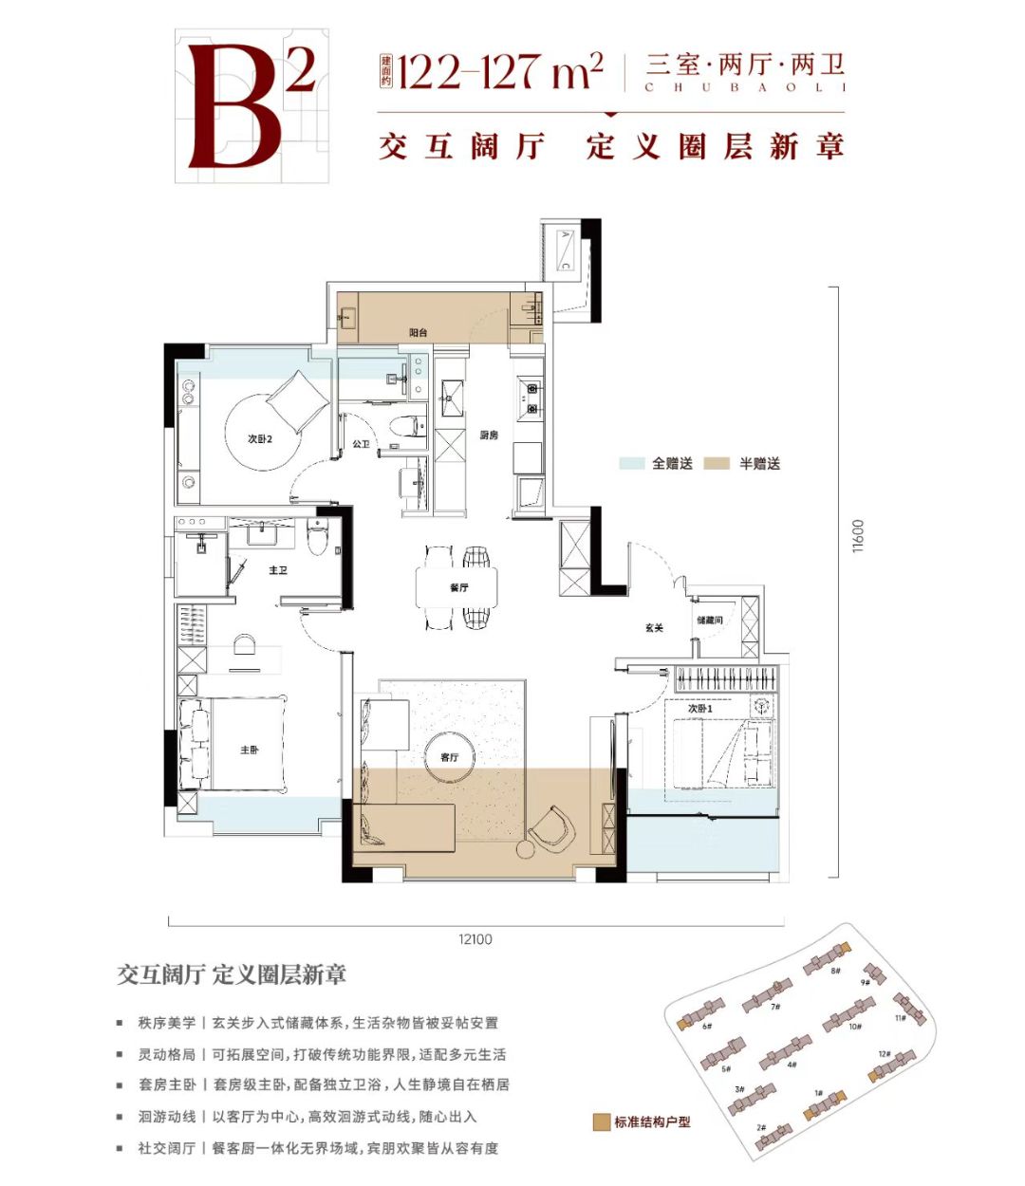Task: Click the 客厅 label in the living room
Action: (x=450, y=757)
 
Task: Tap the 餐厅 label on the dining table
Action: (x=459, y=588)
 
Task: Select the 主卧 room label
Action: (x=250, y=751)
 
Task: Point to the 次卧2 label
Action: (x=259, y=439)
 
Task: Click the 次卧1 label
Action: (x=700, y=709)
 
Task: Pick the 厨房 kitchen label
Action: (x=489, y=435)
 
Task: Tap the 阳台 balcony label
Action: (x=419, y=333)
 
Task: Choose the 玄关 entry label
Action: (x=654, y=628)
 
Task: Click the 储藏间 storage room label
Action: (x=710, y=620)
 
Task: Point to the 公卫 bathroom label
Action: (x=361, y=444)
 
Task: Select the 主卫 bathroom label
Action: (x=277, y=570)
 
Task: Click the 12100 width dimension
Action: (x=475, y=939)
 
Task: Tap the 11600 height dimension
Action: (x=858, y=536)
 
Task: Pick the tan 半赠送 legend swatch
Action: (x=717, y=464)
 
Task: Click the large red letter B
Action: (x=235, y=106)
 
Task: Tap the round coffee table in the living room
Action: (x=451, y=757)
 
